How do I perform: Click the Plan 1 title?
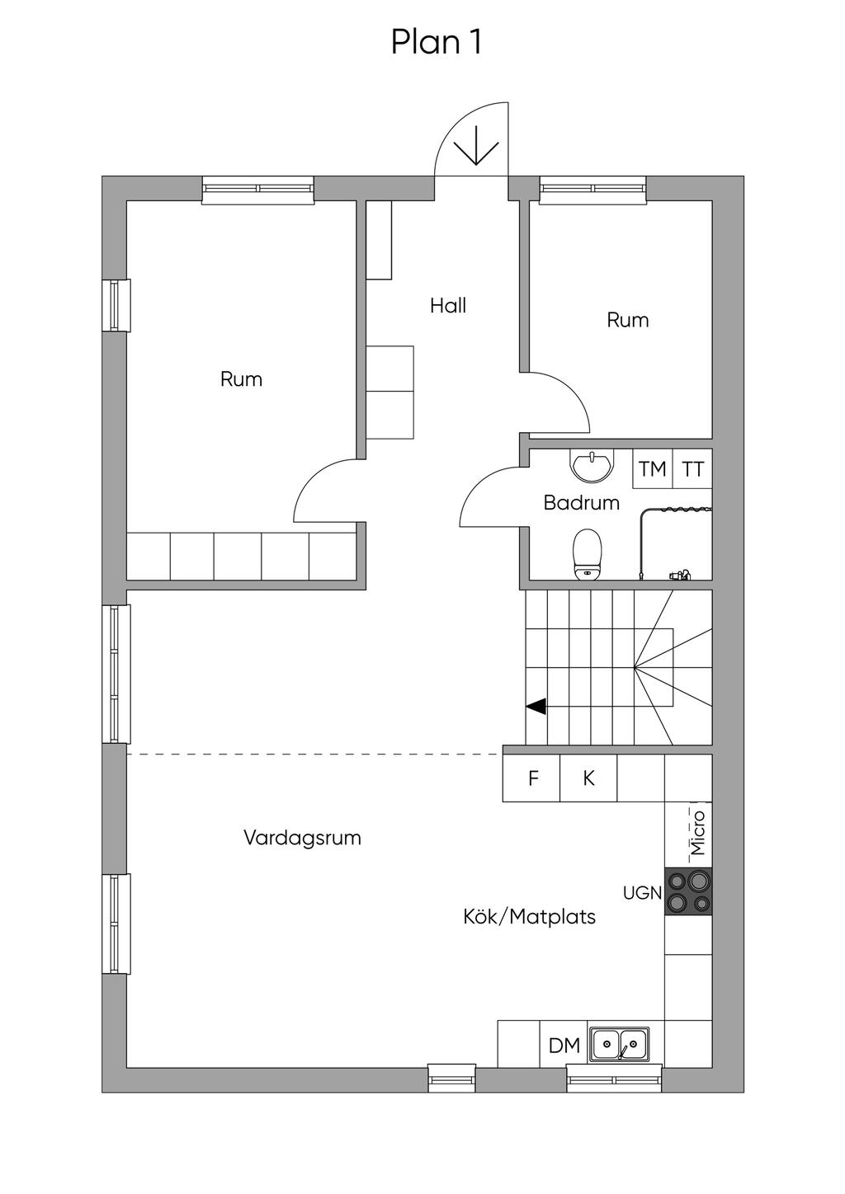437,42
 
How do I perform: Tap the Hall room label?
448,305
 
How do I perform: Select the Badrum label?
582,503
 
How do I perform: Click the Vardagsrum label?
303,838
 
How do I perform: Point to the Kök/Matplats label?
529,917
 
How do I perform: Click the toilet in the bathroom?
587,554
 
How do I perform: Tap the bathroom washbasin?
592,465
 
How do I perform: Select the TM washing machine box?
653,468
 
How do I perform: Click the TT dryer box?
692,468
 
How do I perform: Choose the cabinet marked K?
588,778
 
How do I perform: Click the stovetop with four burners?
688,891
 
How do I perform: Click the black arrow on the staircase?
536,707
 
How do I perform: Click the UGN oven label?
642,892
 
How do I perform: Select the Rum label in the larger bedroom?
241,379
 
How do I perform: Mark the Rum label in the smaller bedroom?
628,321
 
